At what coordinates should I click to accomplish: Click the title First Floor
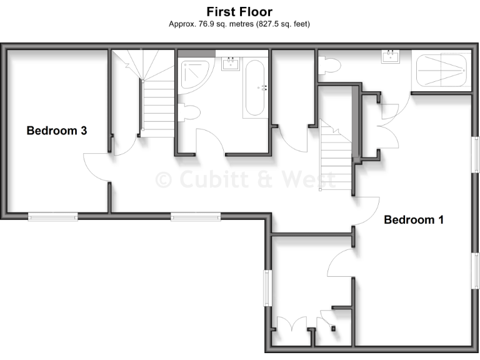pyautogui.click(x=239, y=12)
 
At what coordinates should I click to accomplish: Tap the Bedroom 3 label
pyautogui.click(x=56, y=131)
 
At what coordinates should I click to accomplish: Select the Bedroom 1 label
pyautogui.click(x=414, y=219)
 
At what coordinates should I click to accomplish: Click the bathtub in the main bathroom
pyautogui.click(x=254, y=87)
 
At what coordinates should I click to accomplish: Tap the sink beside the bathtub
pyautogui.click(x=231, y=63)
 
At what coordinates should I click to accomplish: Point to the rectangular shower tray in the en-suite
pyautogui.click(x=441, y=69)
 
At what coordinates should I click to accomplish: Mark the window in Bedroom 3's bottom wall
pyautogui.click(x=52, y=216)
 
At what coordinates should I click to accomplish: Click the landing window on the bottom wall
pyautogui.click(x=196, y=216)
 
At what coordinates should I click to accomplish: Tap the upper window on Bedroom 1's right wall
pyautogui.click(x=476, y=155)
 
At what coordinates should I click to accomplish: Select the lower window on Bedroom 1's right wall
pyautogui.click(x=476, y=271)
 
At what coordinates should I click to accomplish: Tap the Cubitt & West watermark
pyautogui.click(x=245, y=179)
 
